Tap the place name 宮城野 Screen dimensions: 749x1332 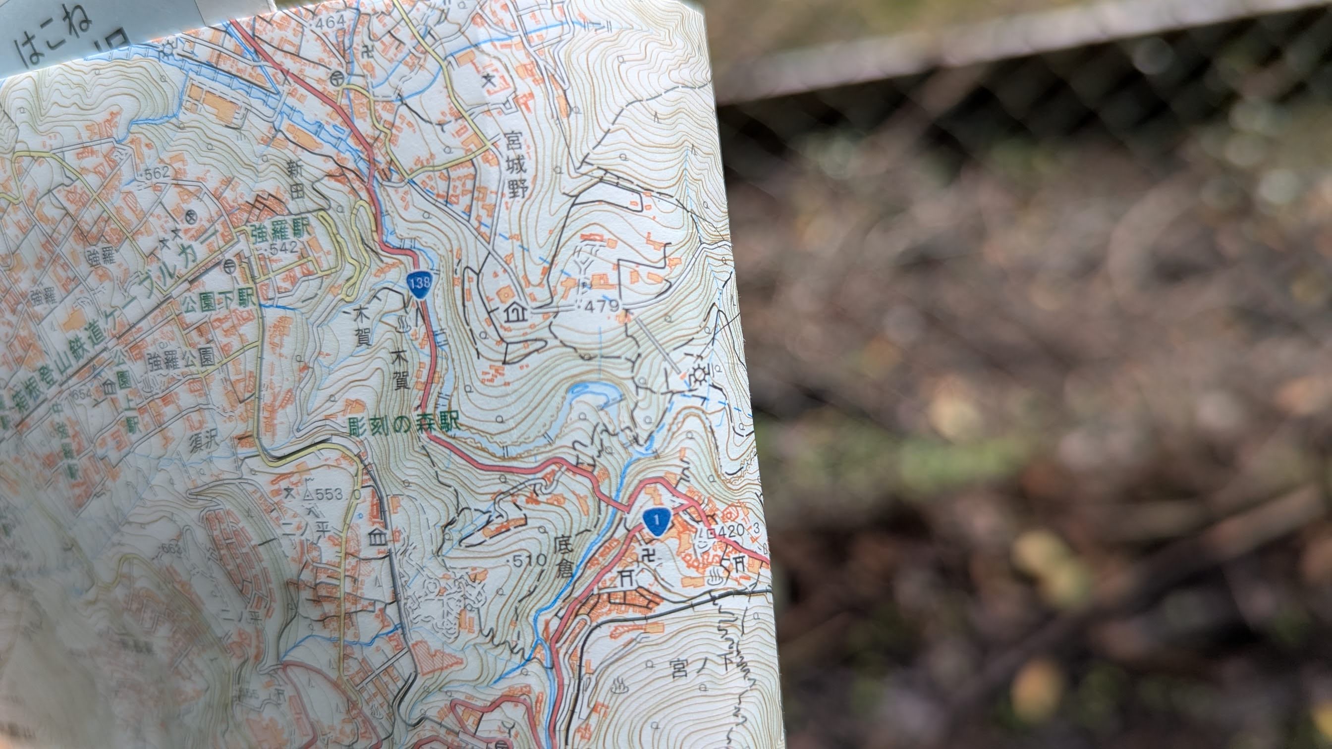click(x=515, y=165)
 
